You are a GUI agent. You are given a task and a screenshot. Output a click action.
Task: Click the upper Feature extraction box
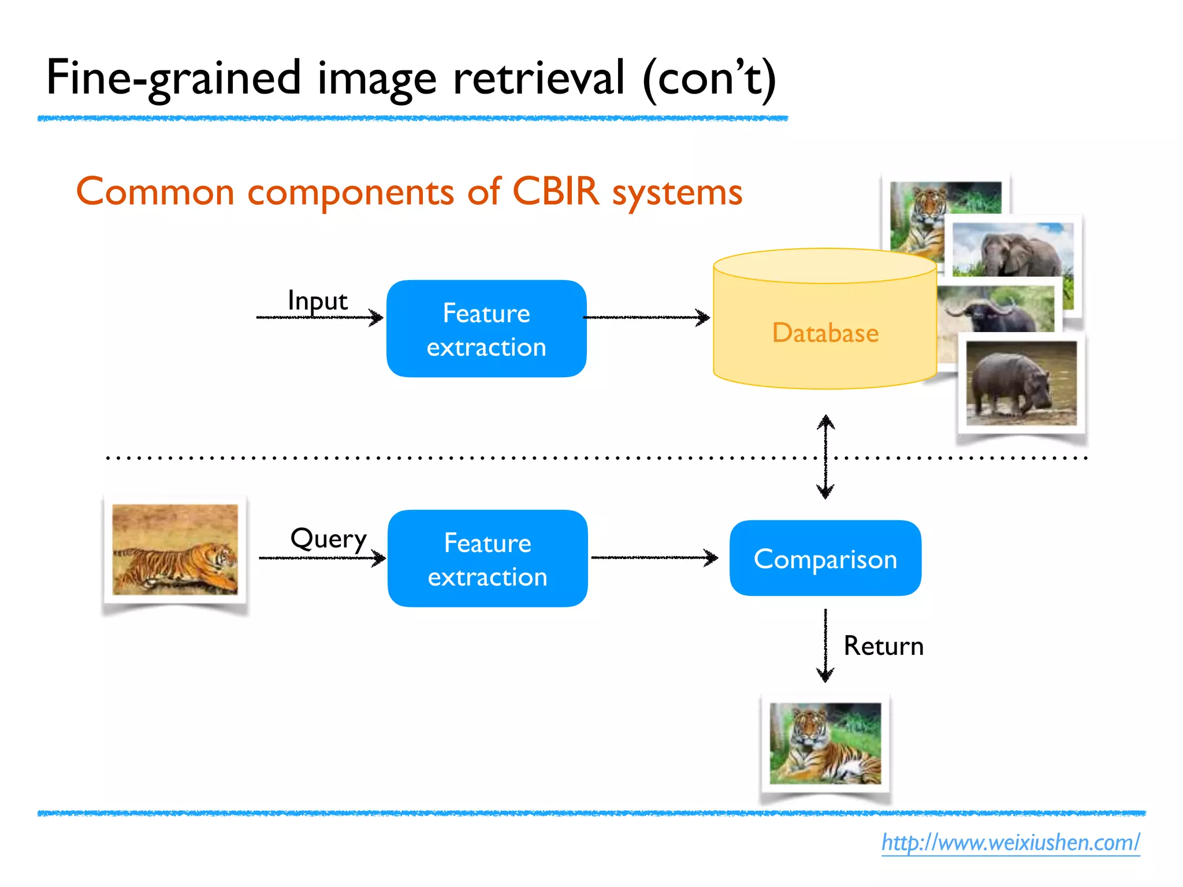click(486, 329)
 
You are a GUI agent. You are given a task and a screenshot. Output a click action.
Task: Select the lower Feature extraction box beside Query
click(488, 558)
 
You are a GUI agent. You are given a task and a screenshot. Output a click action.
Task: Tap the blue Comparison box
click(825, 558)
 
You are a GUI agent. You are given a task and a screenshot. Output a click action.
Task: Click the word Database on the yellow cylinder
click(825, 333)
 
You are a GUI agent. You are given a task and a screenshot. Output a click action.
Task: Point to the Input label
click(317, 301)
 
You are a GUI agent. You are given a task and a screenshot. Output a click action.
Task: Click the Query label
click(328, 539)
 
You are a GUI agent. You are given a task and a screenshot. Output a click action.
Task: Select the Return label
click(883, 646)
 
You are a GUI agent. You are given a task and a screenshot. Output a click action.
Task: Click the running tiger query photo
click(175, 550)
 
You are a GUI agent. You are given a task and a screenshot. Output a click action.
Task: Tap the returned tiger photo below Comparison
click(825, 743)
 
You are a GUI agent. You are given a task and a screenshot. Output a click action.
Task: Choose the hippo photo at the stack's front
click(1021, 383)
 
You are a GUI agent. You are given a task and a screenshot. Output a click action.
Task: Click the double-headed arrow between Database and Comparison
click(825, 456)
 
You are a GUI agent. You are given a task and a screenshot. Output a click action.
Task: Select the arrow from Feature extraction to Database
click(647, 317)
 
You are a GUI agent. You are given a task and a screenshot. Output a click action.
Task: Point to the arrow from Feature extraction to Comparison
click(654, 558)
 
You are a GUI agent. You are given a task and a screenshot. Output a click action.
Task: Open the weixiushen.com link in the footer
click(1010, 843)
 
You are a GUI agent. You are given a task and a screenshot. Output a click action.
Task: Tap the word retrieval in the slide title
click(538, 78)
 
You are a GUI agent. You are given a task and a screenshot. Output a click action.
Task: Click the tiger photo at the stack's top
click(917, 214)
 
